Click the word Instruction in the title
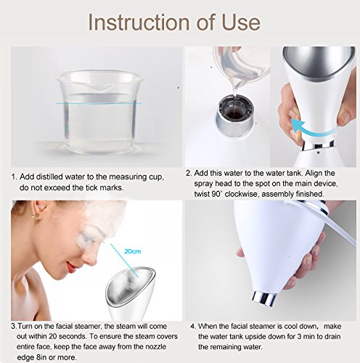pyautogui.click(x=139, y=23)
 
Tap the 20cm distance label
pyautogui.click(x=133, y=251)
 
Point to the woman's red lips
pyautogui.click(x=72, y=267)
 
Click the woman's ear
pyautogui.click(x=36, y=210)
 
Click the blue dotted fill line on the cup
pyautogui.click(x=99, y=104)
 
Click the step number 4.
pyautogui.click(x=193, y=327)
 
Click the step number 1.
pyautogui.click(x=14, y=177)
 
